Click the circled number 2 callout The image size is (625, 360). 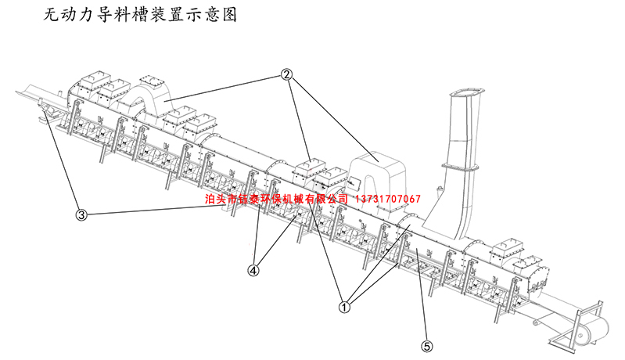(286, 75)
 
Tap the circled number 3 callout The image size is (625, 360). (81, 214)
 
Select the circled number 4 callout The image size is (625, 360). (253, 270)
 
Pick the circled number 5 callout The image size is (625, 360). (426, 344)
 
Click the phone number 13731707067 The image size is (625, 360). (388, 199)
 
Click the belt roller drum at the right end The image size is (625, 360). (594, 331)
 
